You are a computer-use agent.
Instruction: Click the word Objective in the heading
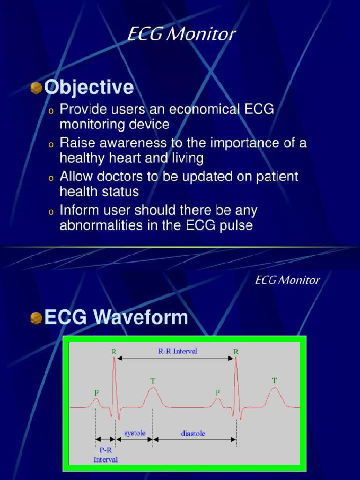pyautogui.click(x=89, y=88)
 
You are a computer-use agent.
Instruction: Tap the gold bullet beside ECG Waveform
pyautogui.click(x=37, y=319)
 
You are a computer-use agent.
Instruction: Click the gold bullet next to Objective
pyautogui.click(x=37, y=88)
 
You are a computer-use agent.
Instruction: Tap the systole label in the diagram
pyautogui.click(x=135, y=433)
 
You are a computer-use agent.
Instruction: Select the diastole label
pyautogui.click(x=193, y=434)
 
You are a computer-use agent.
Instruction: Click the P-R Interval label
pyautogui.click(x=105, y=455)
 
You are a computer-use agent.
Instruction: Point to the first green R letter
pyautogui.click(x=113, y=351)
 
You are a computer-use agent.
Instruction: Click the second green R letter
pyautogui.click(x=236, y=351)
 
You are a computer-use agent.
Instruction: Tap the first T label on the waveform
pyautogui.click(x=153, y=381)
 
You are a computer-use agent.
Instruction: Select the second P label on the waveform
pyautogui.click(x=217, y=391)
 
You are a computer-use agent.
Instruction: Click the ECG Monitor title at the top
pyautogui.click(x=181, y=34)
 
